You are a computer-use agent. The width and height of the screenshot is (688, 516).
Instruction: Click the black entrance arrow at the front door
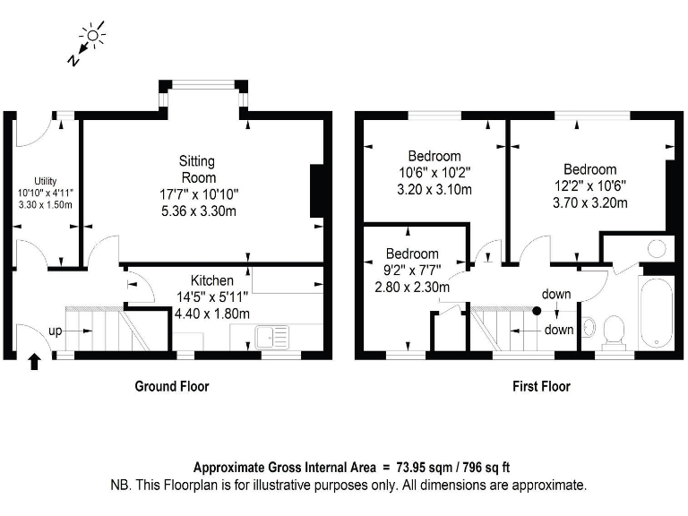click(x=34, y=362)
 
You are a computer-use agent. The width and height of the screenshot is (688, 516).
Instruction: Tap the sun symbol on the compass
click(x=92, y=35)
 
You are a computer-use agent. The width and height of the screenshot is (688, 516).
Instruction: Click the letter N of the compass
click(x=73, y=59)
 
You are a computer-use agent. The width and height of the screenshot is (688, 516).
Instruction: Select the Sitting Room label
click(x=198, y=169)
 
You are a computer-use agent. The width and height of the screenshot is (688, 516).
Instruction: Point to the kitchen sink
click(x=272, y=337)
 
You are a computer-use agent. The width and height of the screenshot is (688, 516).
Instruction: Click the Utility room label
click(x=45, y=181)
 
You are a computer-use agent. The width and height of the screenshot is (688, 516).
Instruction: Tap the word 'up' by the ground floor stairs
click(x=55, y=331)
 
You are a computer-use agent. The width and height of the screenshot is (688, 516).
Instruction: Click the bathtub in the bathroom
click(x=657, y=313)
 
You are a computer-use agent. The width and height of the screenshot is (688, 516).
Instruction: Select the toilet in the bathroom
click(x=614, y=332)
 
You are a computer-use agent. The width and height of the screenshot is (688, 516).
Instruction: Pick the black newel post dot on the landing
click(x=537, y=311)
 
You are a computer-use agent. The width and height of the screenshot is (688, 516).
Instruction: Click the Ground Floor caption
click(x=172, y=386)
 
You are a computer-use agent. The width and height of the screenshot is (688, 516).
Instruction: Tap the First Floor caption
click(x=541, y=386)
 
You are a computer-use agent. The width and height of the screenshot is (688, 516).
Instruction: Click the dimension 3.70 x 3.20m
click(x=590, y=202)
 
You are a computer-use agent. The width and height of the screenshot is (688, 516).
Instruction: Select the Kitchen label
click(x=212, y=280)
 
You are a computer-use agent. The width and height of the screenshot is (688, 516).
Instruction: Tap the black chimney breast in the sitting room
click(x=317, y=191)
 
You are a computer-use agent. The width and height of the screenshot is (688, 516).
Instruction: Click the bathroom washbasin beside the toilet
click(x=588, y=327)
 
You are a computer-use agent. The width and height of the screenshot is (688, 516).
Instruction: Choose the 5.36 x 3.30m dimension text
click(x=199, y=211)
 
